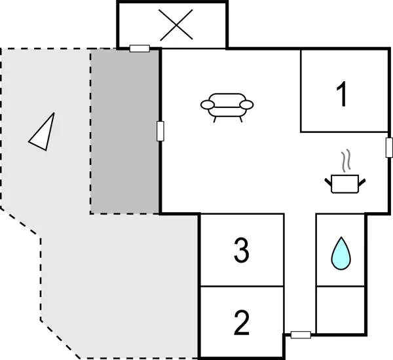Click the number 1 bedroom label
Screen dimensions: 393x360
pyautogui.click(x=342, y=94)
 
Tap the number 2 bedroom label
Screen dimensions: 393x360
pyautogui.click(x=242, y=323)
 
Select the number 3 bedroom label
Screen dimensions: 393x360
pyautogui.click(x=242, y=250)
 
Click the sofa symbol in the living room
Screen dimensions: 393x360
pyautogui.click(x=227, y=107)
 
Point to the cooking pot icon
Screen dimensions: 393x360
pyautogui.click(x=345, y=184)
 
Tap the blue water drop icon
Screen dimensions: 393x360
pyautogui.click(x=341, y=253)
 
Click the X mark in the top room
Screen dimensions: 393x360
pyautogui.click(x=176, y=25)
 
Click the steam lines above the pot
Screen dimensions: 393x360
pyautogui.click(x=345, y=161)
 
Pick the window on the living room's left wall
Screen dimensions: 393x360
pyautogui.click(x=160, y=131)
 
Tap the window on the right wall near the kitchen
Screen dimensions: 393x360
pyautogui.click(x=389, y=147)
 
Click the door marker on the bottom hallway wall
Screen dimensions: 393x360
pyautogui.click(x=301, y=334)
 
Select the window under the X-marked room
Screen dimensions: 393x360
pyautogui.click(x=140, y=48)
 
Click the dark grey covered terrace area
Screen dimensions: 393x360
pyautogui.click(x=124, y=132)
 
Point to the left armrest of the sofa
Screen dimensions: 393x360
pyautogui.click(x=208, y=105)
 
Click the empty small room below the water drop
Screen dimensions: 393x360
pyautogui.click(x=341, y=310)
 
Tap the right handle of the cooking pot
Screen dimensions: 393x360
pyautogui.click(x=362, y=183)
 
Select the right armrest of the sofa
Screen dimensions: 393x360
pyautogui.click(x=247, y=105)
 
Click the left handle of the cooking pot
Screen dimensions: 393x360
pyautogui.click(x=328, y=183)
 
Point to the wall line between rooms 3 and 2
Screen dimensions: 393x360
pyautogui.click(x=242, y=286)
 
